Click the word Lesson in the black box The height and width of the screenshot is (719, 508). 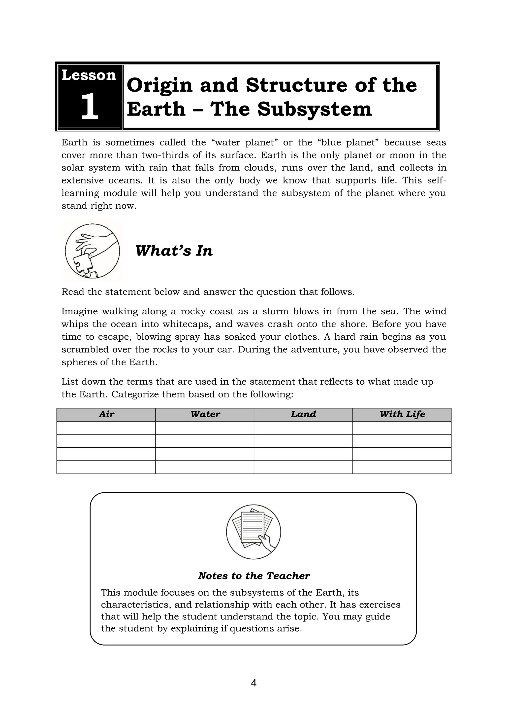89,75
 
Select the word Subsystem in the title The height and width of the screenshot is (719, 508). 315,109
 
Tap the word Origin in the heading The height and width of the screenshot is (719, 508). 159,85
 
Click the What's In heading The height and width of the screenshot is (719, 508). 174,251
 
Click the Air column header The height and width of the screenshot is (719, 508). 106,414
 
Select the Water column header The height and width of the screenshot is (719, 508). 205,414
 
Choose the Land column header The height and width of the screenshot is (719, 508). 303,414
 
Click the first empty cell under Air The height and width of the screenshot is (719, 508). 106,428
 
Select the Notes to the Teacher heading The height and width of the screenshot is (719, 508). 254,576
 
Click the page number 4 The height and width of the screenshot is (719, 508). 254,683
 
